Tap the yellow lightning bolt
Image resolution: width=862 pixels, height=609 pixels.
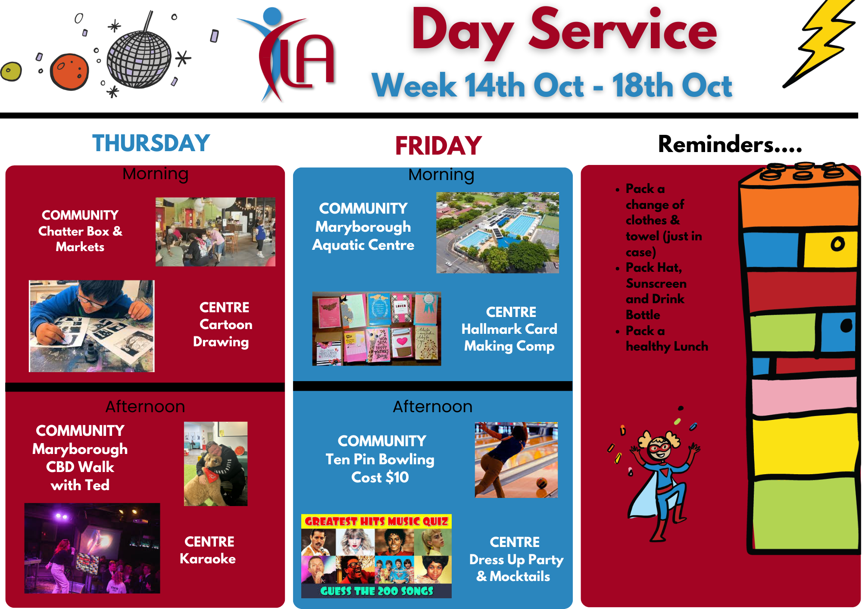(x=819, y=43)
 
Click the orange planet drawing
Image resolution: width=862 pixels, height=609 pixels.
(x=69, y=72)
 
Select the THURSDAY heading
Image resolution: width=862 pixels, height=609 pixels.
(x=151, y=143)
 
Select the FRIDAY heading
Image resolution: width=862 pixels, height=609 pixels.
(x=438, y=146)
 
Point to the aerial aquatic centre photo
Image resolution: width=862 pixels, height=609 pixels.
(x=497, y=233)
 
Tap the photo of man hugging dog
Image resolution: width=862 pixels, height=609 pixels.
(x=215, y=464)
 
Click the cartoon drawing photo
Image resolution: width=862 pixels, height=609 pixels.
(x=91, y=326)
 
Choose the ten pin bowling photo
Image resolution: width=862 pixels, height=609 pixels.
(x=516, y=460)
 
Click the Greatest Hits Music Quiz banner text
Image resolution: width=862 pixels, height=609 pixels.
(x=376, y=522)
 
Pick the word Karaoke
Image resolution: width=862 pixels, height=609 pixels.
(x=208, y=559)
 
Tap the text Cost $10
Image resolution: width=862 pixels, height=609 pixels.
(x=380, y=477)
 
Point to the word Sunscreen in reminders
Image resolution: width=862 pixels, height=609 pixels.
(x=656, y=283)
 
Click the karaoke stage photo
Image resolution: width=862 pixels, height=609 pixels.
(x=92, y=548)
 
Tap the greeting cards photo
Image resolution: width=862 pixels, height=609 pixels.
(x=377, y=329)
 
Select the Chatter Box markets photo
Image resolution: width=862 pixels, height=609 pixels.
(x=215, y=232)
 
